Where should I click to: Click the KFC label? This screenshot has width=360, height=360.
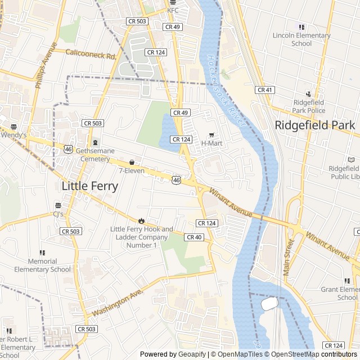click(x=172, y=10)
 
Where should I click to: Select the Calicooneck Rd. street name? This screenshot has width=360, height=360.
click(x=91, y=55)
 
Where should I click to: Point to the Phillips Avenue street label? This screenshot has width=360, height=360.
click(x=46, y=65)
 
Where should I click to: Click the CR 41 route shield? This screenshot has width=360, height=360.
click(x=264, y=90)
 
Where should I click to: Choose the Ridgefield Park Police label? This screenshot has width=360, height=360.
click(x=308, y=106)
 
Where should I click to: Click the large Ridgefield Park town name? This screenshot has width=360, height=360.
click(x=316, y=125)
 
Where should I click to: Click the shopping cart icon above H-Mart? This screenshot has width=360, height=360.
click(x=212, y=135)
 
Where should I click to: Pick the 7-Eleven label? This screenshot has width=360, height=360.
click(x=132, y=170)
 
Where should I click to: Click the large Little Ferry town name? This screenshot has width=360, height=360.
click(x=90, y=187)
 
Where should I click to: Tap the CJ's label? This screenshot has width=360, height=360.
click(x=58, y=214)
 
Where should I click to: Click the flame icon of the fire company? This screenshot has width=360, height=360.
click(x=142, y=220)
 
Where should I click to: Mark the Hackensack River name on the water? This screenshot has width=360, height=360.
click(x=223, y=84)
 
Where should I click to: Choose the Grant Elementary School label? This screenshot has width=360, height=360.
click(x=340, y=293)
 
